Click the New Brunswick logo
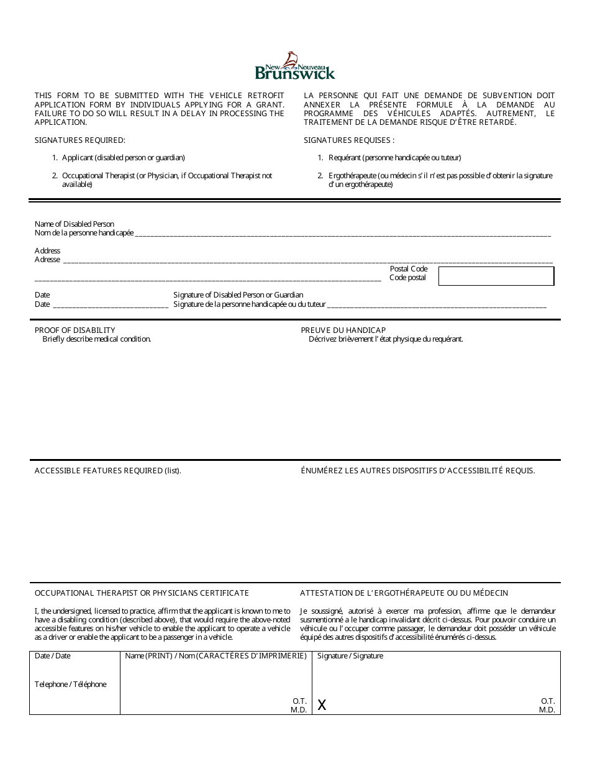295,66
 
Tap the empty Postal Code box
496,276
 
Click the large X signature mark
322,704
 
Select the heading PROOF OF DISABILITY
75,330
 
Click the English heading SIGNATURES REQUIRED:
79,140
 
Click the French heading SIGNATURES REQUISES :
349,140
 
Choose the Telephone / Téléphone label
71,684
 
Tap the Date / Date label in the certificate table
53,656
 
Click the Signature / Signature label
350,656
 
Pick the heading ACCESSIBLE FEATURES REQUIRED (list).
108,471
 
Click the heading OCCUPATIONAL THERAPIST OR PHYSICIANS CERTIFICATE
142,593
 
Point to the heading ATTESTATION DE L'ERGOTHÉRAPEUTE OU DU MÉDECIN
404,593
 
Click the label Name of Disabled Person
75,224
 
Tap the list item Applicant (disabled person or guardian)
123,158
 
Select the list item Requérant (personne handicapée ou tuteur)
394,158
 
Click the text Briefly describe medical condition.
97,339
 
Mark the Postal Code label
409,269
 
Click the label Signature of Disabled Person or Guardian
238,295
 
